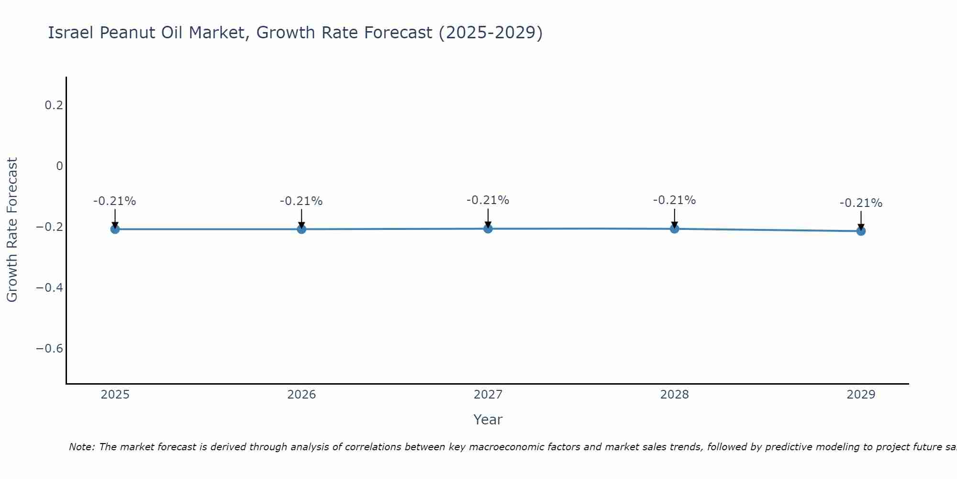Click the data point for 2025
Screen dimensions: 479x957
click(x=115, y=229)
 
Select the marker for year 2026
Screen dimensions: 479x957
click(x=301, y=229)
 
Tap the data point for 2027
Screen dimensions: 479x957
click(x=488, y=228)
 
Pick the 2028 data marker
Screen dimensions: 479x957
click(x=675, y=228)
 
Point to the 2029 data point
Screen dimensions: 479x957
click(x=861, y=231)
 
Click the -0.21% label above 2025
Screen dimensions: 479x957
click(x=115, y=201)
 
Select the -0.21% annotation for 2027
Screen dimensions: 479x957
click(x=488, y=200)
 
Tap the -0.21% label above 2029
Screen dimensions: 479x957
click(x=861, y=203)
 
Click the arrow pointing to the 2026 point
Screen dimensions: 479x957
click(x=301, y=218)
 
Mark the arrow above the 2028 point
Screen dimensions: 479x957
click(x=675, y=217)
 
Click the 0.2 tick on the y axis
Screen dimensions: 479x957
click(x=54, y=105)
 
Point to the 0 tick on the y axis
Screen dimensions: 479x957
click(x=59, y=166)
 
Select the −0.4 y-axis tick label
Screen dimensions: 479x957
click(x=50, y=287)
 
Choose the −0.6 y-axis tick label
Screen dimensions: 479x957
click(x=50, y=348)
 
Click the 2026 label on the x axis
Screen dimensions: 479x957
click(x=301, y=395)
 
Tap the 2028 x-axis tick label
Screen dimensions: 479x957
click(x=675, y=395)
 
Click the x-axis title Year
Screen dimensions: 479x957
click(x=488, y=420)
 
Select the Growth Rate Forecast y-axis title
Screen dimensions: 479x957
click(x=12, y=230)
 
